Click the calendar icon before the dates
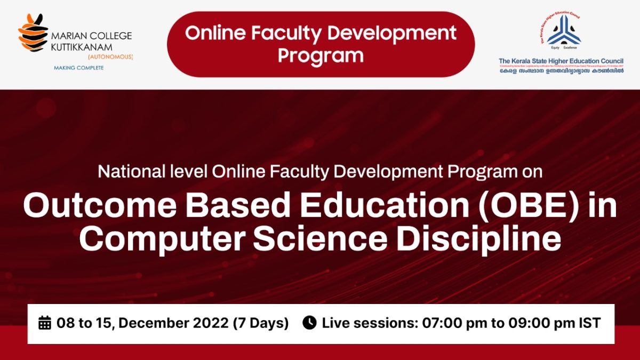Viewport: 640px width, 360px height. tap(45, 323)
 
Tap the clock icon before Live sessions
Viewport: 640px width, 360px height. tap(309, 323)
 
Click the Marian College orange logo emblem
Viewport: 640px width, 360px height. tap(33, 33)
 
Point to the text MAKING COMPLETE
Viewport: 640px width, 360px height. tap(78, 68)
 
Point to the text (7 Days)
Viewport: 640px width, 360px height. tap(261, 323)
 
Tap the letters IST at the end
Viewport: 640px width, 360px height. tap(590, 323)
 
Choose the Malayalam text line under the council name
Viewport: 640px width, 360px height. tap(561, 71)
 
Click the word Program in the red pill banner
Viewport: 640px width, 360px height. tap(321, 55)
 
